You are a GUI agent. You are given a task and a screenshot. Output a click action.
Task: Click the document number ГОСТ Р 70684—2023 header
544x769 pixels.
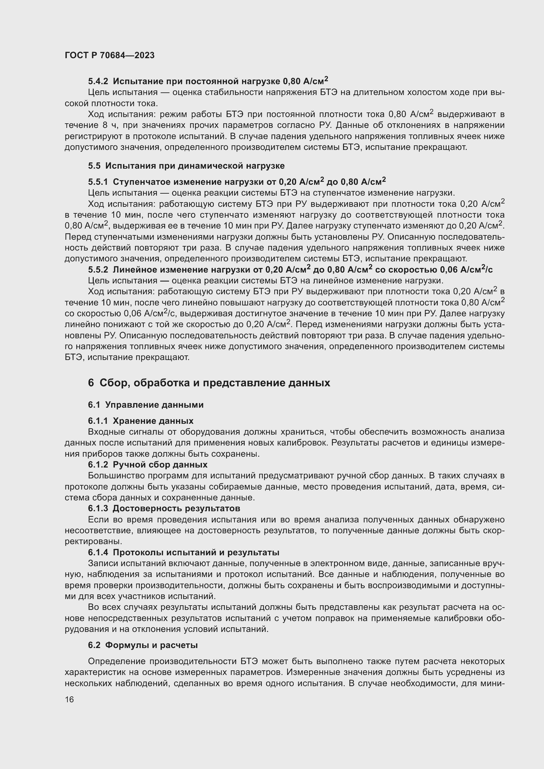pyautogui.click(x=110, y=55)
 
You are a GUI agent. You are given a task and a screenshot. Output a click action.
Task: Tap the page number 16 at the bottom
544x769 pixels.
pyautogui.click(x=69, y=699)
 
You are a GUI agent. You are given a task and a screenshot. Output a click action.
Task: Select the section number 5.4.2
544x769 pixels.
pyautogui.click(x=98, y=82)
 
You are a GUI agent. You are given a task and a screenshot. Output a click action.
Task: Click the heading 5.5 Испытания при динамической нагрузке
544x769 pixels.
pyautogui.click(x=186, y=166)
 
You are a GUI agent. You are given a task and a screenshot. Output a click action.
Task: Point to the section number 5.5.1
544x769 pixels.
pyautogui.click(x=98, y=182)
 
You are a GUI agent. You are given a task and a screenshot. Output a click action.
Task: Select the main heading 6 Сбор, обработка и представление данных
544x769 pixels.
pyautogui.click(x=209, y=383)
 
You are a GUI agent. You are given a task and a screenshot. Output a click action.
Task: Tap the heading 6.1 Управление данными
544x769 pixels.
pyautogui.click(x=146, y=405)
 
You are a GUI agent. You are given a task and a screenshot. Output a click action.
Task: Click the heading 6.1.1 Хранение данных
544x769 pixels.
pyautogui.click(x=141, y=421)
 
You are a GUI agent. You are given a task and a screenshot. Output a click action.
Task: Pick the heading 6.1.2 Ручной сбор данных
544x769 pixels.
pyautogui.click(x=148, y=465)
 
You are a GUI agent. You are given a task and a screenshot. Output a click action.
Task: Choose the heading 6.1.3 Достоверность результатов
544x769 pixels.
pyautogui.click(x=164, y=508)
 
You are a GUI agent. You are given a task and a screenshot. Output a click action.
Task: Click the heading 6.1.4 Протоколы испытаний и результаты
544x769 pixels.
pyautogui.click(x=184, y=552)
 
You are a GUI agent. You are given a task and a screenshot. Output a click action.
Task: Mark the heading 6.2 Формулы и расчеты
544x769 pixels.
pyautogui.click(x=143, y=645)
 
